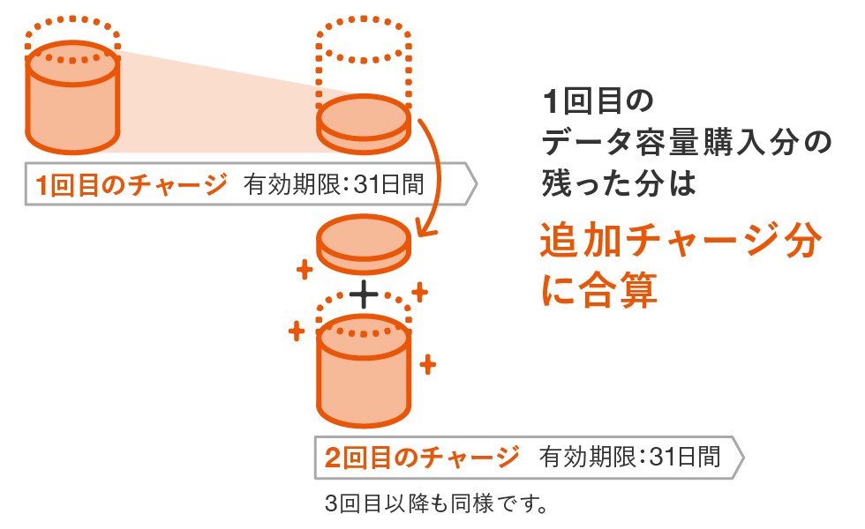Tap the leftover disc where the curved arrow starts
click(x=364, y=122)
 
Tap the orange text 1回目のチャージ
click(x=131, y=186)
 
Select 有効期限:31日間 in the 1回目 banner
click(x=335, y=186)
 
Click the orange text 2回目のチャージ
click(x=422, y=458)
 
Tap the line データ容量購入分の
click(x=686, y=143)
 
